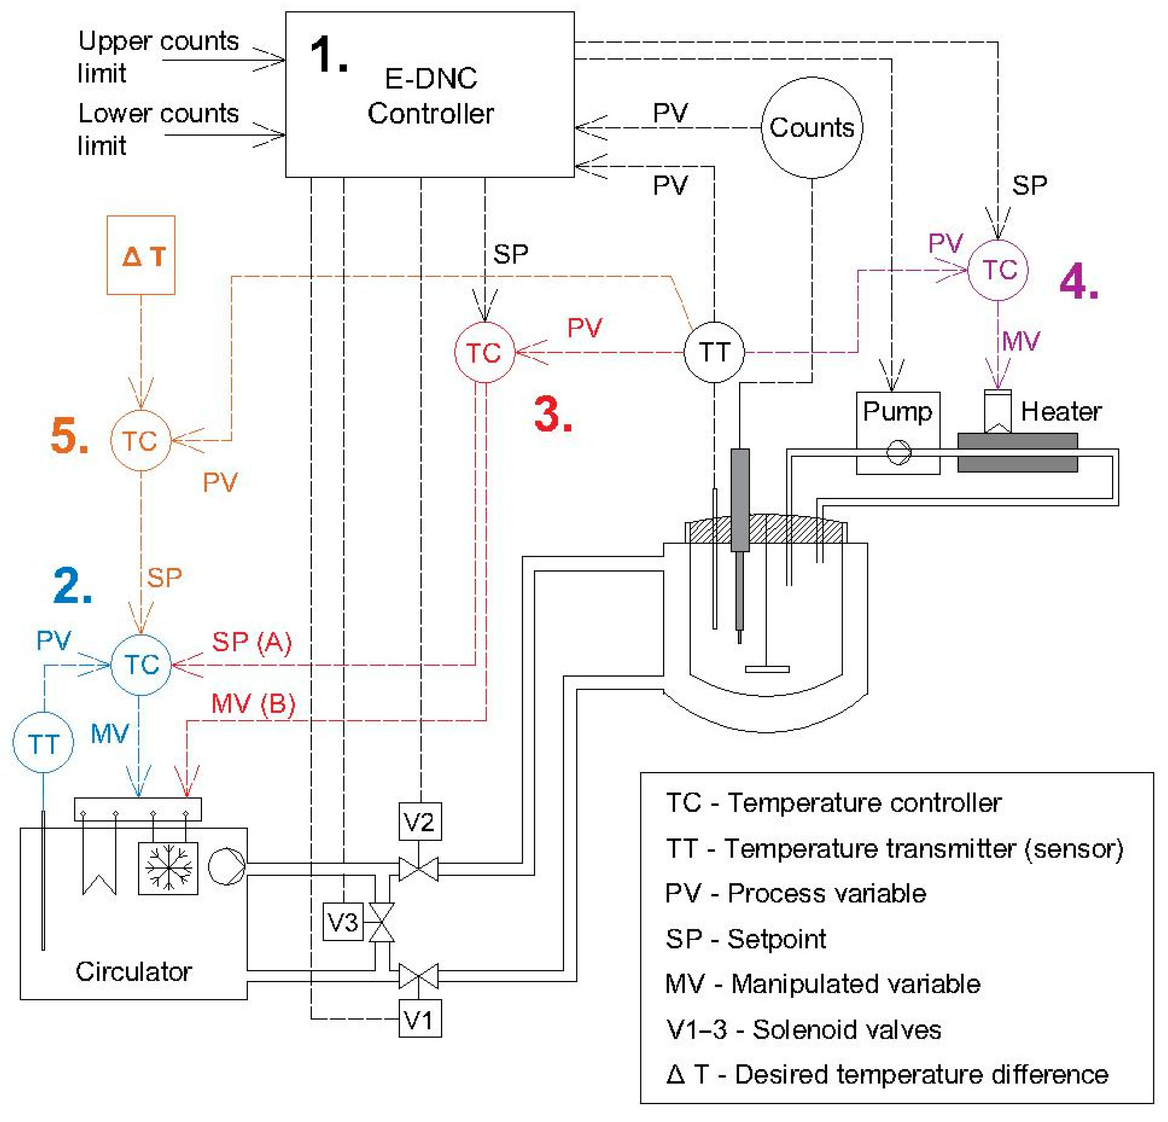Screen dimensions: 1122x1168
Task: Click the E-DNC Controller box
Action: pyautogui.click(x=430, y=94)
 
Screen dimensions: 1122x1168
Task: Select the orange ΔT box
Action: pyautogui.click(x=141, y=255)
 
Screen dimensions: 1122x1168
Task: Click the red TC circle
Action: pyautogui.click(x=484, y=352)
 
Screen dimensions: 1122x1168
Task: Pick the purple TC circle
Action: pyautogui.click(x=998, y=270)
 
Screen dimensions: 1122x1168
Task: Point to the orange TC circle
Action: pyautogui.click(x=141, y=441)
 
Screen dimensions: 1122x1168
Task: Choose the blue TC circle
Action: pyautogui.click(x=141, y=665)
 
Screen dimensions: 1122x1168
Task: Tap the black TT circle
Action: pyautogui.click(x=714, y=352)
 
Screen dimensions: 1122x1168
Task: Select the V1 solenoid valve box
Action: pyautogui.click(x=420, y=1020)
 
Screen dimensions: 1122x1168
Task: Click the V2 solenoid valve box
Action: pyautogui.click(x=420, y=822)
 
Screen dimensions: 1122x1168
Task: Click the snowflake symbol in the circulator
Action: pyautogui.click(x=168, y=868)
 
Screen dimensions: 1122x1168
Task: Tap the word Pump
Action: pyautogui.click(x=897, y=411)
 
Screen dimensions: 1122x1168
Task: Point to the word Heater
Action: pyautogui.click(x=1061, y=411)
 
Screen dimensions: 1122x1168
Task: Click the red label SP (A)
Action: pyautogui.click(x=251, y=642)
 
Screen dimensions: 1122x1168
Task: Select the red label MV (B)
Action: pyautogui.click(x=253, y=704)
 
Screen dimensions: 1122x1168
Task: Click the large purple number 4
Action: pyautogui.click(x=1079, y=281)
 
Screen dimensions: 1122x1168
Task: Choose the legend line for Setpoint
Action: pyautogui.click(x=745, y=939)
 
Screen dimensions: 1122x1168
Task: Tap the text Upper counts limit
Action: pyautogui.click(x=158, y=57)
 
